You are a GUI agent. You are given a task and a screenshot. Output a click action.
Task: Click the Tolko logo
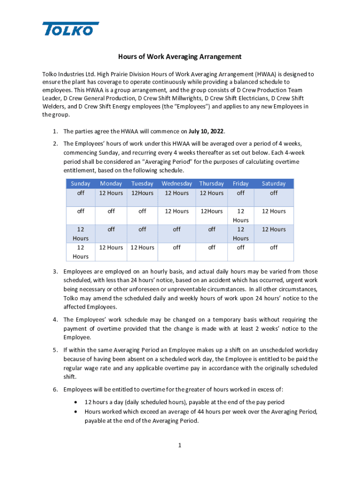71,29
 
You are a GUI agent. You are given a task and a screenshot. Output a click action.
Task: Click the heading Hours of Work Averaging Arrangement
180,57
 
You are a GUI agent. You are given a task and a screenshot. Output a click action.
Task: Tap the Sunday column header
80,184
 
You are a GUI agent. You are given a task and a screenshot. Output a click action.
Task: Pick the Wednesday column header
177,184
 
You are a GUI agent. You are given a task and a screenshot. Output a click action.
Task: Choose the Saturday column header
274,184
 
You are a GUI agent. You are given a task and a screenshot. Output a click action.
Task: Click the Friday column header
240,184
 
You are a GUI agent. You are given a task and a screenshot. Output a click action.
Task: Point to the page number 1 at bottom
180,445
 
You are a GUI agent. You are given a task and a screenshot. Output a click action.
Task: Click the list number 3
55,272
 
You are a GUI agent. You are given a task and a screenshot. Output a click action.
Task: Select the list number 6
55,390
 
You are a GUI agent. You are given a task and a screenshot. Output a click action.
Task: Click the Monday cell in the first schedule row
111,193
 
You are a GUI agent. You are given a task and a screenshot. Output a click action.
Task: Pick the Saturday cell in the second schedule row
274,211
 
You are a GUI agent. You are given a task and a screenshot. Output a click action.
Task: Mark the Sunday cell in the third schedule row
80,234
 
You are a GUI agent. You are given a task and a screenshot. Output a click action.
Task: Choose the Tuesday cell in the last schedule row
143,247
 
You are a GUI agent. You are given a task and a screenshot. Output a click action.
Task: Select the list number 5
55,350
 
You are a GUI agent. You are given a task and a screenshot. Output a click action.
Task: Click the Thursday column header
211,184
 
